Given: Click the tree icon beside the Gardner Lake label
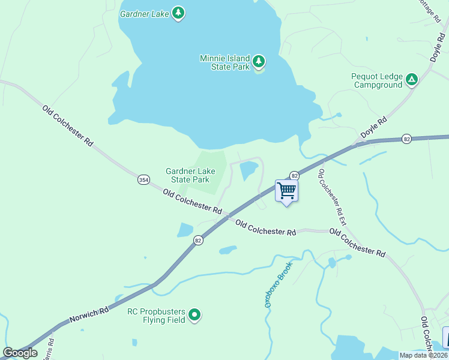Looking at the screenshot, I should click(178, 13).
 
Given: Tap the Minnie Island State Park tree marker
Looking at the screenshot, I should click(259, 61).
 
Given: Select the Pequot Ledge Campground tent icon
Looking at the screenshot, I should click(411, 79).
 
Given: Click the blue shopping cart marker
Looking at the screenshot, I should click(286, 191).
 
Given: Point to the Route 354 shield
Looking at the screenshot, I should click(143, 180).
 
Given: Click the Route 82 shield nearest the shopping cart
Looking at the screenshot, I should click(294, 175).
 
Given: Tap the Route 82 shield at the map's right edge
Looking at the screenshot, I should click(407, 139).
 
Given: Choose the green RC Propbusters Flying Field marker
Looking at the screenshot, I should click(194, 314).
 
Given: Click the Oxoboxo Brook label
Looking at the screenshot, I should click(278, 284).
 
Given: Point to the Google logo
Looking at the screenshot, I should click(20, 353).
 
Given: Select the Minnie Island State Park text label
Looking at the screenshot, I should click(224, 62).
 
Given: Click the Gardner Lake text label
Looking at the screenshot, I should click(144, 13).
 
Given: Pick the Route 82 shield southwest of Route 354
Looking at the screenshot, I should click(198, 240).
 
